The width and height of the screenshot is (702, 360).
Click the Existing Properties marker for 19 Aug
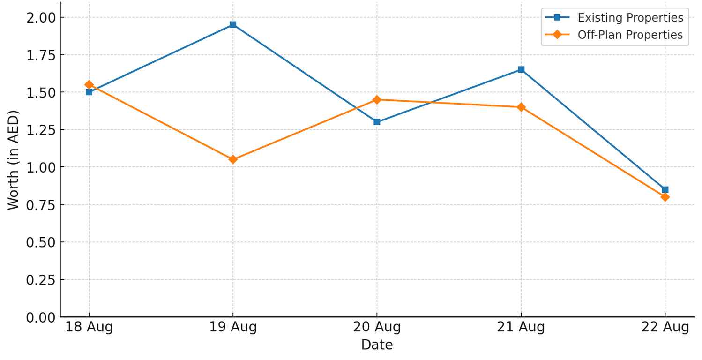point(233,25)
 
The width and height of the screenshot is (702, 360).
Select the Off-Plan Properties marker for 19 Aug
point(233,159)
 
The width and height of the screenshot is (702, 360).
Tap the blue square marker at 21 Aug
point(521,69)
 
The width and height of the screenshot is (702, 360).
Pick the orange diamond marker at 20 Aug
point(377,99)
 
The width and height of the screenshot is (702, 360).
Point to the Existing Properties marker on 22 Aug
point(665,190)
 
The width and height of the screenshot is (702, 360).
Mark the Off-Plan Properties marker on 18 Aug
point(89,84)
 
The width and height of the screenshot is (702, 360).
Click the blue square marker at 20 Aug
point(377,122)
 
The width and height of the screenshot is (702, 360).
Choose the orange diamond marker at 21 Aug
point(521,107)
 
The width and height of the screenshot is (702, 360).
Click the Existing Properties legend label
point(630,18)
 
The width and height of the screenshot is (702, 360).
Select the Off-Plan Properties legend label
point(630,35)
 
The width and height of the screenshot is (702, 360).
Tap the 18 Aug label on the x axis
point(89,327)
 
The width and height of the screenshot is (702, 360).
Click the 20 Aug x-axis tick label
point(377,327)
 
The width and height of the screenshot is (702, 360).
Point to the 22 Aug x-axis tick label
point(665,327)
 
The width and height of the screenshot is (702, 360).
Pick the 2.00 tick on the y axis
point(41,17)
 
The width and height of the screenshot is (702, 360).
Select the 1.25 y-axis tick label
point(41,130)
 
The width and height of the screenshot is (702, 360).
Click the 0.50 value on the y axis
point(41,242)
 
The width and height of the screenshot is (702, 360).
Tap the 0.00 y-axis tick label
point(41,317)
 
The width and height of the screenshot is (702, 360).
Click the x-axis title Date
point(377,345)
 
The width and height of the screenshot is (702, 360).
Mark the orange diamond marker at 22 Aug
point(665,197)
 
